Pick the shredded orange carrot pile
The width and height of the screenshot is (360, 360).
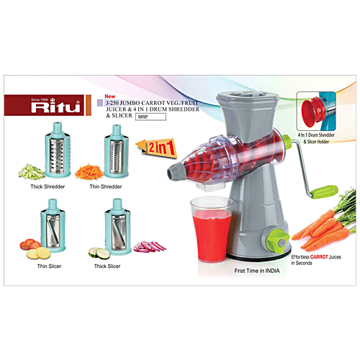coord(89,172)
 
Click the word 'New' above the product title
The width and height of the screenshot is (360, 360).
coord(110,95)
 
